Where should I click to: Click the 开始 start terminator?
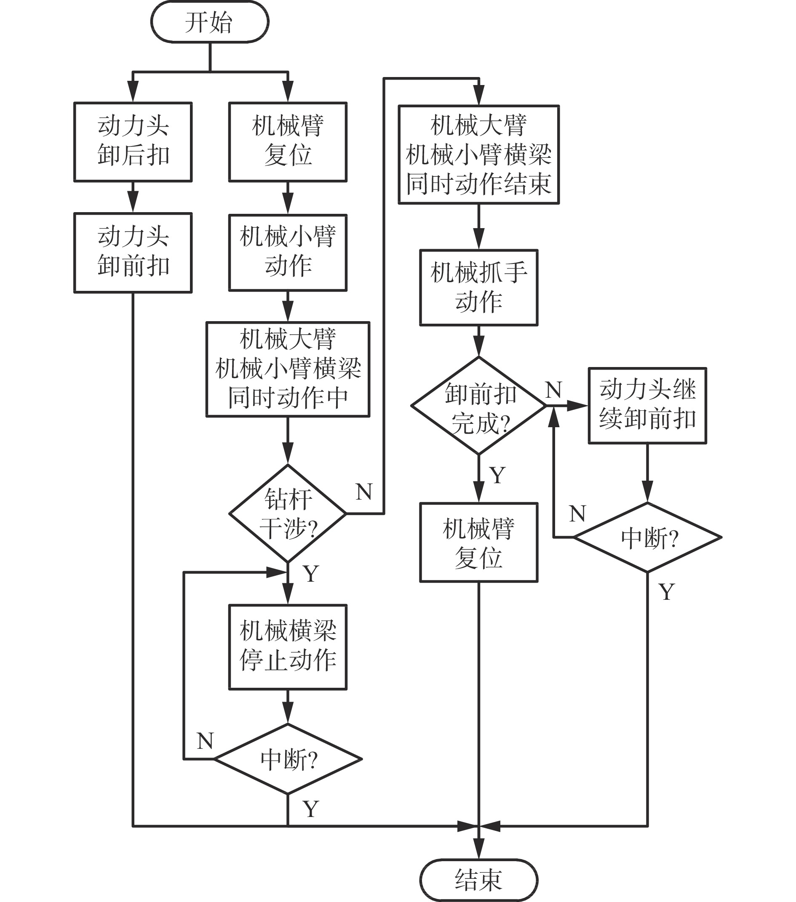pos(210,22)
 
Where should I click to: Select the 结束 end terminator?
pos(478,880)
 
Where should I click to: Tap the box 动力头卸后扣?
pos(133,142)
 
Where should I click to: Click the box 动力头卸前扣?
pos(133,253)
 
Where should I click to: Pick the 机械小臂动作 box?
pos(288,253)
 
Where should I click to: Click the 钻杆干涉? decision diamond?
pos(288,513)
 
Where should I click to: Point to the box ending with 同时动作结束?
pos(478,154)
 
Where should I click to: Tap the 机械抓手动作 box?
pos(478,288)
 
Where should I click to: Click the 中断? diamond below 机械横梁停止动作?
pos(288,759)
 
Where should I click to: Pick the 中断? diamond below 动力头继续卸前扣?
pos(647,537)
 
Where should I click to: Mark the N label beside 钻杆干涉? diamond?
pos(364,492)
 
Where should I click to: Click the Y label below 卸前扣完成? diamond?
pos(497,475)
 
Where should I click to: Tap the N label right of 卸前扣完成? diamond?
pos(554,390)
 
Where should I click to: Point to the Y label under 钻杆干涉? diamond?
pos(311,574)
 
